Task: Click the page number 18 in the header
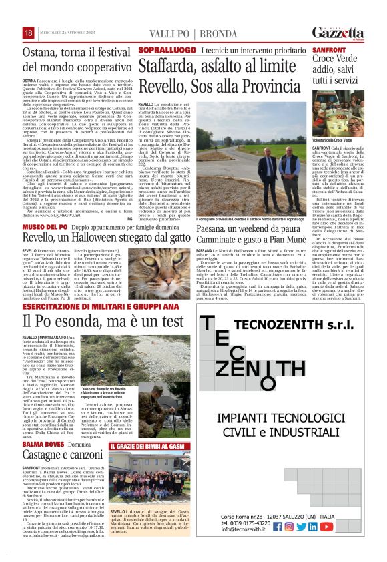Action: pyautogui.click(x=29, y=33)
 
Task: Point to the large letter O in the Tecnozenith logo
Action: pyautogui.click(x=268, y=382)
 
